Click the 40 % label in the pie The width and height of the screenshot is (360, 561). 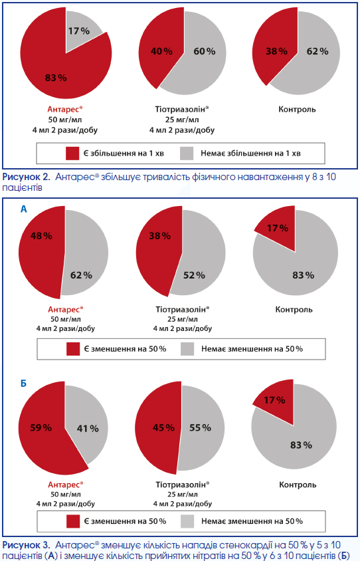[x=161, y=52]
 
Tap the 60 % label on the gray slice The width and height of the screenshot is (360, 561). [x=205, y=52]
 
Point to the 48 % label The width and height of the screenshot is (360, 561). [x=41, y=236]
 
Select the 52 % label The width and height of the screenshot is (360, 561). [x=194, y=275]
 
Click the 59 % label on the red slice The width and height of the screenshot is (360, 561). [x=41, y=427]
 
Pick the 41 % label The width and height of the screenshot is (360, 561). [x=88, y=428]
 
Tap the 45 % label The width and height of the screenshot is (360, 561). [x=163, y=427]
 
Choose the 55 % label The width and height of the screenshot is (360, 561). [x=200, y=427]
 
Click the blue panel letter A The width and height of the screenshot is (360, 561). [x=24, y=209]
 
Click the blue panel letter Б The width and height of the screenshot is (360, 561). [x=23, y=384]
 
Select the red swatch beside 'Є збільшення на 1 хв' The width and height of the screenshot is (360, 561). [x=72, y=154]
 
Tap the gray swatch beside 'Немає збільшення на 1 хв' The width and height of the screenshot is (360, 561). [x=187, y=154]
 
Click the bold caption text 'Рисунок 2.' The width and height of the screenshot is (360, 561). [x=26, y=177]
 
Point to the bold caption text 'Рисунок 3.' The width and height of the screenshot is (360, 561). [x=26, y=545]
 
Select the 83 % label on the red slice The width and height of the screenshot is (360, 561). [x=56, y=78]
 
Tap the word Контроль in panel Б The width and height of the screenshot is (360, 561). [x=298, y=485]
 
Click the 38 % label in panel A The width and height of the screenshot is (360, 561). [x=160, y=236]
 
